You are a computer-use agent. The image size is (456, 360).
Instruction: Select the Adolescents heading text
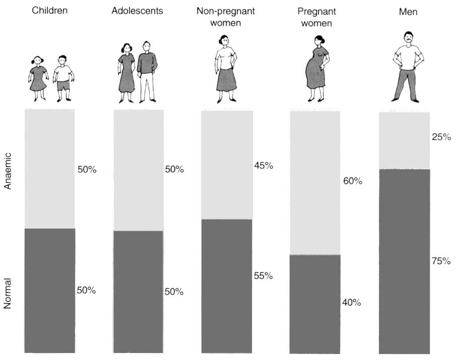point(137,11)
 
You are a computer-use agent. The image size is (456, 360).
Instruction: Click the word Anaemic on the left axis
point(8,172)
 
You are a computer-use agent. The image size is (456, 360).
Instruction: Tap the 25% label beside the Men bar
point(441,136)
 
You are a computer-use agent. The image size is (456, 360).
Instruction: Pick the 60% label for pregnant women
point(353,181)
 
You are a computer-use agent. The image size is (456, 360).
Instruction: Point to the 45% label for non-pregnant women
point(264,166)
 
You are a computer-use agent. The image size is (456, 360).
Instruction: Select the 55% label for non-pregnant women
point(264,275)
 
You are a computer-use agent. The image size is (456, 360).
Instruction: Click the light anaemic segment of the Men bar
point(404,140)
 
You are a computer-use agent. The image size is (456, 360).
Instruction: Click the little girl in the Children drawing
point(38,78)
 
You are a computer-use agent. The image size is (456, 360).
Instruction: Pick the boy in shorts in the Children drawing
point(63,78)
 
